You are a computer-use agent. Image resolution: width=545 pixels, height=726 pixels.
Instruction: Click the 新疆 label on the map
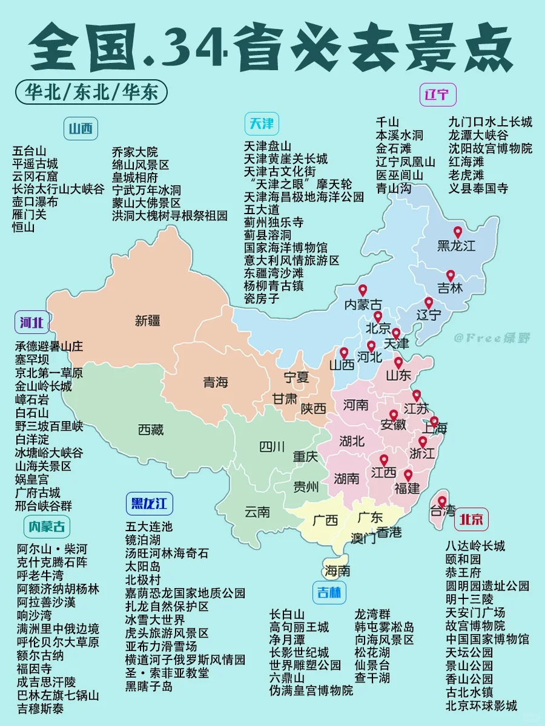[x=148, y=321]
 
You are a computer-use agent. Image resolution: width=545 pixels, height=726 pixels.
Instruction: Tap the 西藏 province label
[x=151, y=430]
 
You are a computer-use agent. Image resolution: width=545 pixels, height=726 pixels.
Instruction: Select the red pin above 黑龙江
[x=458, y=232]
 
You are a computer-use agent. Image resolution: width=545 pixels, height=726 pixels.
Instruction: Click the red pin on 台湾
[x=442, y=502]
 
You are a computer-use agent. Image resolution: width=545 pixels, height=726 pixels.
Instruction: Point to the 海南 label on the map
[x=337, y=570]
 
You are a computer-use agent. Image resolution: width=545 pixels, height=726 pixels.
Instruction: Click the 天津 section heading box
[x=262, y=124]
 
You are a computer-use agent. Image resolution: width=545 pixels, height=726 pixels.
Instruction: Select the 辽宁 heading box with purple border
[x=437, y=95]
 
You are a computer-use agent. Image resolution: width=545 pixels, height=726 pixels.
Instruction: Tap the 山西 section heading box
[x=81, y=128]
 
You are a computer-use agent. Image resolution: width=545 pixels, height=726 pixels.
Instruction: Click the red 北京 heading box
[x=472, y=518]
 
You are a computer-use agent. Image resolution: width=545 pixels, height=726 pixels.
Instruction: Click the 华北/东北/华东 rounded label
[x=91, y=92]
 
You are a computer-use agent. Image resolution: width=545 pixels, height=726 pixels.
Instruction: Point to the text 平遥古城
[x=35, y=163]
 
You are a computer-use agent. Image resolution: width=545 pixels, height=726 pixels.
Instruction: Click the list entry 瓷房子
[x=262, y=298]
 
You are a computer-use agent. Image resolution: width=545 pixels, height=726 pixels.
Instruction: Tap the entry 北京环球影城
[x=481, y=705]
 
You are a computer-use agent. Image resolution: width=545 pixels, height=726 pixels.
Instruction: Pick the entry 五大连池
[x=149, y=526]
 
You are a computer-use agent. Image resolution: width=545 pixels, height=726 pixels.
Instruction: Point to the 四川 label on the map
[x=272, y=447]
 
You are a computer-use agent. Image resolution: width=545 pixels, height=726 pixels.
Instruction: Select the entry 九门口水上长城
[x=490, y=122]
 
